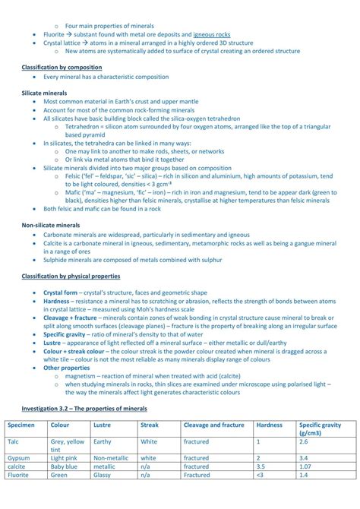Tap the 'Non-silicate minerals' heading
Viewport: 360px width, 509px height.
[50, 226]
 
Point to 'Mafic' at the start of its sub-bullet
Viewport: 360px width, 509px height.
[74, 192]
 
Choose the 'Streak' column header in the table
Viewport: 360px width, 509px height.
[150, 425]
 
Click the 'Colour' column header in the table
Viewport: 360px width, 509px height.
[60, 425]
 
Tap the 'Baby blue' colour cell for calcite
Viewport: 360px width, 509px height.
[65, 466]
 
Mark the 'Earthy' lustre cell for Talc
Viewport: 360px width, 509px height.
[103, 441]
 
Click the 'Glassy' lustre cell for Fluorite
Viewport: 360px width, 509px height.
[103, 475]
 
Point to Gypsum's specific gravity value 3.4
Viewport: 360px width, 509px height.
[304, 458]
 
